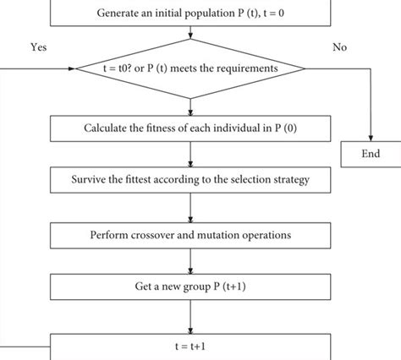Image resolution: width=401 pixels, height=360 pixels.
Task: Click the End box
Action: coord(370,154)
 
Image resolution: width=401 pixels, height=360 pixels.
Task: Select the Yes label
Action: coord(38,48)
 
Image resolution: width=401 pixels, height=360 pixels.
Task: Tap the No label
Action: coord(340,48)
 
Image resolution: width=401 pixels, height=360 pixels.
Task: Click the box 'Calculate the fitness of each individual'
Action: coord(190,129)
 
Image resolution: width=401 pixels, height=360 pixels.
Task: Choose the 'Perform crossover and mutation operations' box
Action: coord(190,233)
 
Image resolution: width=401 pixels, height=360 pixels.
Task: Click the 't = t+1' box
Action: coord(190,346)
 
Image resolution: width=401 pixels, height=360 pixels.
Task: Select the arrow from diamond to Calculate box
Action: coord(190,105)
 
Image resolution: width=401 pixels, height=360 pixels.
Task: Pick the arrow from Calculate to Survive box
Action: coord(190,155)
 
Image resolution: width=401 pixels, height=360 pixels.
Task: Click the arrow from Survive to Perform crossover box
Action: coord(190,208)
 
